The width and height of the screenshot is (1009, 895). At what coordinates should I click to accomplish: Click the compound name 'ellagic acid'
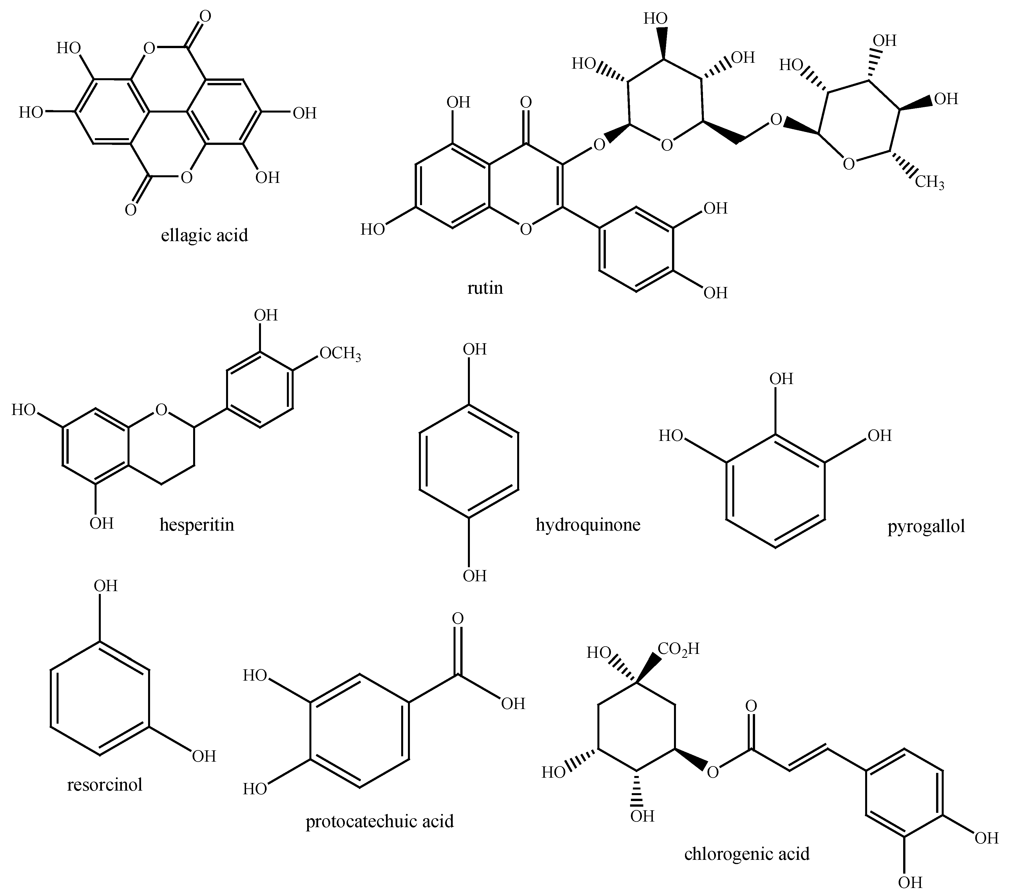click(x=204, y=235)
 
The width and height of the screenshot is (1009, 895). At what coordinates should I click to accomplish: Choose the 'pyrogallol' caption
click(x=926, y=526)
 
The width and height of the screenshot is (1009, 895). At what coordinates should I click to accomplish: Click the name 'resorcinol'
click(x=105, y=784)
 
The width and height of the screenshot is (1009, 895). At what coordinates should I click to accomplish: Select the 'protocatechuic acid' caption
click(x=380, y=822)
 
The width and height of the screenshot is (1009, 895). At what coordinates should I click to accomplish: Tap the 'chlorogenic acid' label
click(x=747, y=854)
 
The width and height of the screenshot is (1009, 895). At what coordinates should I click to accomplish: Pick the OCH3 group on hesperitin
click(x=340, y=354)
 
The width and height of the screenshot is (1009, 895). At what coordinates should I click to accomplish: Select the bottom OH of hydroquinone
click(x=474, y=576)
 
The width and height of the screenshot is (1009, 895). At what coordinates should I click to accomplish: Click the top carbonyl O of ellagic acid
click(x=205, y=16)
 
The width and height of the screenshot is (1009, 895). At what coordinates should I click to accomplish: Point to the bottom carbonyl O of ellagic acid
click(x=130, y=210)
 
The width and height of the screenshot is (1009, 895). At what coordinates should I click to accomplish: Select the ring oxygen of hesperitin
click(x=161, y=409)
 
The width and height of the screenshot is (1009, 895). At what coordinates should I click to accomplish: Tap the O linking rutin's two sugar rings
click(x=776, y=120)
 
